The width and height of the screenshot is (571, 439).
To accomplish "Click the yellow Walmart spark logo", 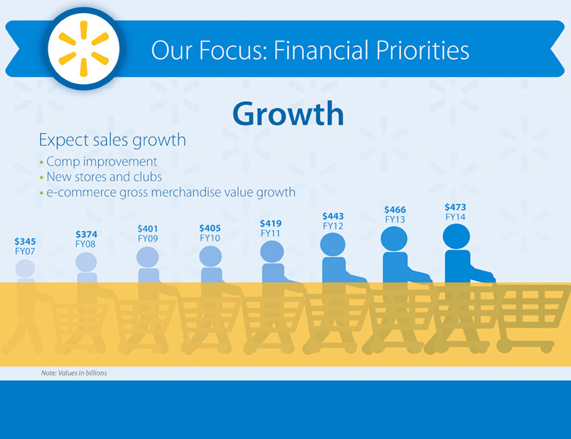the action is coord(83,49).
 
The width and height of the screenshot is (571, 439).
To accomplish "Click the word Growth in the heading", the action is coord(288,113).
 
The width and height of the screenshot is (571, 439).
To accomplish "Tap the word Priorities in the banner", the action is coord(422,50).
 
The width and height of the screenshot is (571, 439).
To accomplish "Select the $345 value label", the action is coord(25,241).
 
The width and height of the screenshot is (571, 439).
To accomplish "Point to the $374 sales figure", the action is coord(86,234).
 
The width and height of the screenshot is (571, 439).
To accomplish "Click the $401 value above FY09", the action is coord(147,228).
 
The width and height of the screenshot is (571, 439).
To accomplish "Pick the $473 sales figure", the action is coord(455,207).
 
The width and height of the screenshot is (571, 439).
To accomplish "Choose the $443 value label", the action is coord(333,216).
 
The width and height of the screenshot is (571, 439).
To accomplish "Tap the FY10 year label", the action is coord(210,238).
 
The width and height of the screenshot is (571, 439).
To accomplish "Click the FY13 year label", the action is coord(395,219).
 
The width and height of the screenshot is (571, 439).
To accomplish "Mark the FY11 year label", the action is coord(270,233).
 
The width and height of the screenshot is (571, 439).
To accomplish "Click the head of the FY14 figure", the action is coord(456,236).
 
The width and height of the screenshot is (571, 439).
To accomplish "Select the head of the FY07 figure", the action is coord(25,269).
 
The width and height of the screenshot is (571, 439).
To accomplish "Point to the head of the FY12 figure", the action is coord(333,244).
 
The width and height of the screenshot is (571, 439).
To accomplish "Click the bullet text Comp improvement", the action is coord(102,161).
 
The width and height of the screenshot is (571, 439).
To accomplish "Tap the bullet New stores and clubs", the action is coord(104,176).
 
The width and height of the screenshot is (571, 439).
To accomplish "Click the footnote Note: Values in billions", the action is coord(74,372).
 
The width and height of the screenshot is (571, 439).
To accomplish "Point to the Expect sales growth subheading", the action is coord(113,140).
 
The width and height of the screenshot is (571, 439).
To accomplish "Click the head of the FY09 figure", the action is coord(147,257).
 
